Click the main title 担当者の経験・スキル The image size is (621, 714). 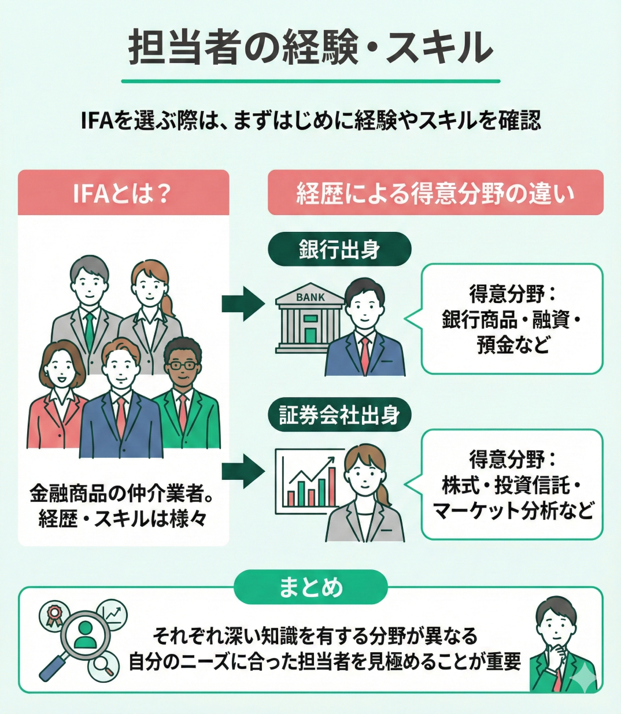[x=310, y=47]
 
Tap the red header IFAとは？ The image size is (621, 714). [x=123, y=193]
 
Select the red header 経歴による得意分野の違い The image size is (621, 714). [x=435, y=193]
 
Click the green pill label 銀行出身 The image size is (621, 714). [x=339, y=250]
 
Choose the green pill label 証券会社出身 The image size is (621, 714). [x=339, y=415]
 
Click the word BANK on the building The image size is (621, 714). [x=310, y=297]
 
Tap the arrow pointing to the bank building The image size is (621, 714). [x=243, y=303]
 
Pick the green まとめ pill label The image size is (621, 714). [x=310, y=587]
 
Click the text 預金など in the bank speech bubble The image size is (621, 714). [x=512, y=345]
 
